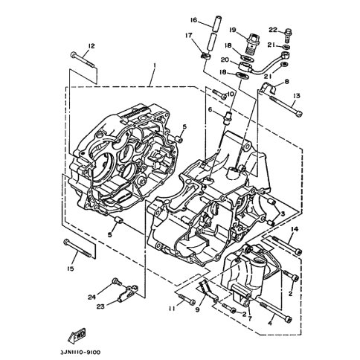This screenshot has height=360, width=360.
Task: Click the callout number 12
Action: (x=91, y=46)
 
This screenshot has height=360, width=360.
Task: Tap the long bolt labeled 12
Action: (x=83, y=60)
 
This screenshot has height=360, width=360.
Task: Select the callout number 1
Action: (x=155, y=65)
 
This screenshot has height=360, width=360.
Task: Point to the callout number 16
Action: (x=193, y=20)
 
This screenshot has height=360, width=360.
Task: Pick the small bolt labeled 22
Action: (x=288, y=36)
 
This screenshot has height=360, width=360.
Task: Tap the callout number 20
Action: (x=225, y=60)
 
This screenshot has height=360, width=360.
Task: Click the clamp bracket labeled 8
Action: (x=269, y=89)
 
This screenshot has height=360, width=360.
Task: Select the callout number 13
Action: (x=296, y=96)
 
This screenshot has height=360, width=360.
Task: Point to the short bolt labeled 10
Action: (x=219, y=94)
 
